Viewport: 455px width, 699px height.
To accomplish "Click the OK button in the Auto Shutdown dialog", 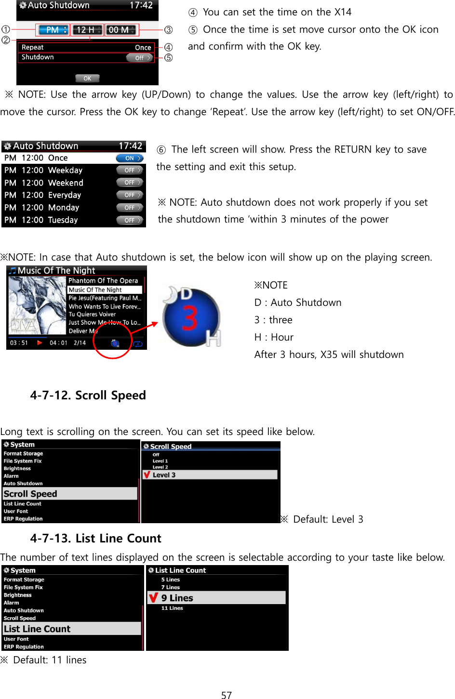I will pos(87,78).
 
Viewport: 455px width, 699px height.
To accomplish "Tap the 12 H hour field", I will pos(87,30).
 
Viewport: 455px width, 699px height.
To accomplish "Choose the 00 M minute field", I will pos(121,30).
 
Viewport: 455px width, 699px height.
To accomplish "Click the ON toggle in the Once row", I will pos(130,158).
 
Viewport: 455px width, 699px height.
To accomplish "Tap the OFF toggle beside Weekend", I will pos(130,183).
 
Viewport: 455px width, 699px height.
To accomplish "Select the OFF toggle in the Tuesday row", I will pos(130,220).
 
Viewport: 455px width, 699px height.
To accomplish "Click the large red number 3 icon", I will pos(191,317).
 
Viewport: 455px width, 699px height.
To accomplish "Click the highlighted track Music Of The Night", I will pos(105,290).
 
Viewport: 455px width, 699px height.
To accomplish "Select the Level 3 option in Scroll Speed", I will pos(210,475).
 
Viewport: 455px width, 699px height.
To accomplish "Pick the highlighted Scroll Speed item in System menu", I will pos(70,494).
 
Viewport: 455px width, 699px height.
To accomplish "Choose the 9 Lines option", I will pos(216,598).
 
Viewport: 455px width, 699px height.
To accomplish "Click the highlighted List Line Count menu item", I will pos(71,629).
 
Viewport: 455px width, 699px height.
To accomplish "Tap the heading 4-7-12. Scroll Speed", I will pos(88,396).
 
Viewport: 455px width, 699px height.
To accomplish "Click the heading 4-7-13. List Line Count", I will pos(95,539).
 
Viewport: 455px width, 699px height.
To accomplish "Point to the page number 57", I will pos(227,695).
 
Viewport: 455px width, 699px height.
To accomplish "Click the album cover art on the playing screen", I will pos(37,305).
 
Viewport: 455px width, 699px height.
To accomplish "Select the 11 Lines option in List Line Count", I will pos(172,608).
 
